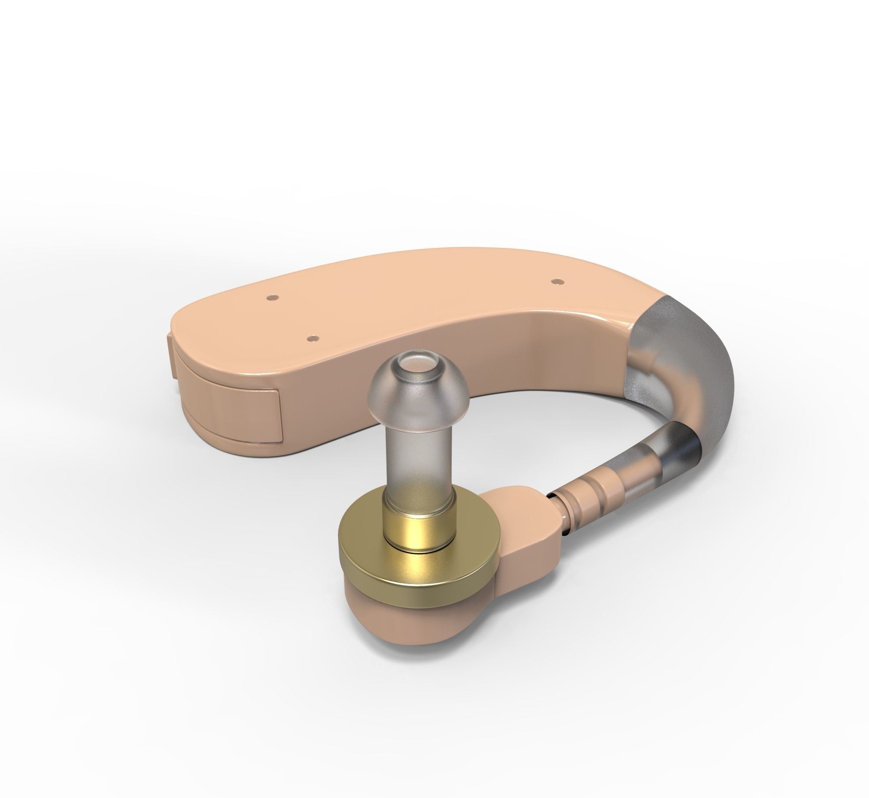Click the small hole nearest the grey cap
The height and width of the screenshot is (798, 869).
click(x=554, y=282)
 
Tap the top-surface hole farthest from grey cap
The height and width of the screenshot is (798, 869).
click(x=272, y=297)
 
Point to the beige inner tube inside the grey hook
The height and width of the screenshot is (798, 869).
click(x=652, y=387)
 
